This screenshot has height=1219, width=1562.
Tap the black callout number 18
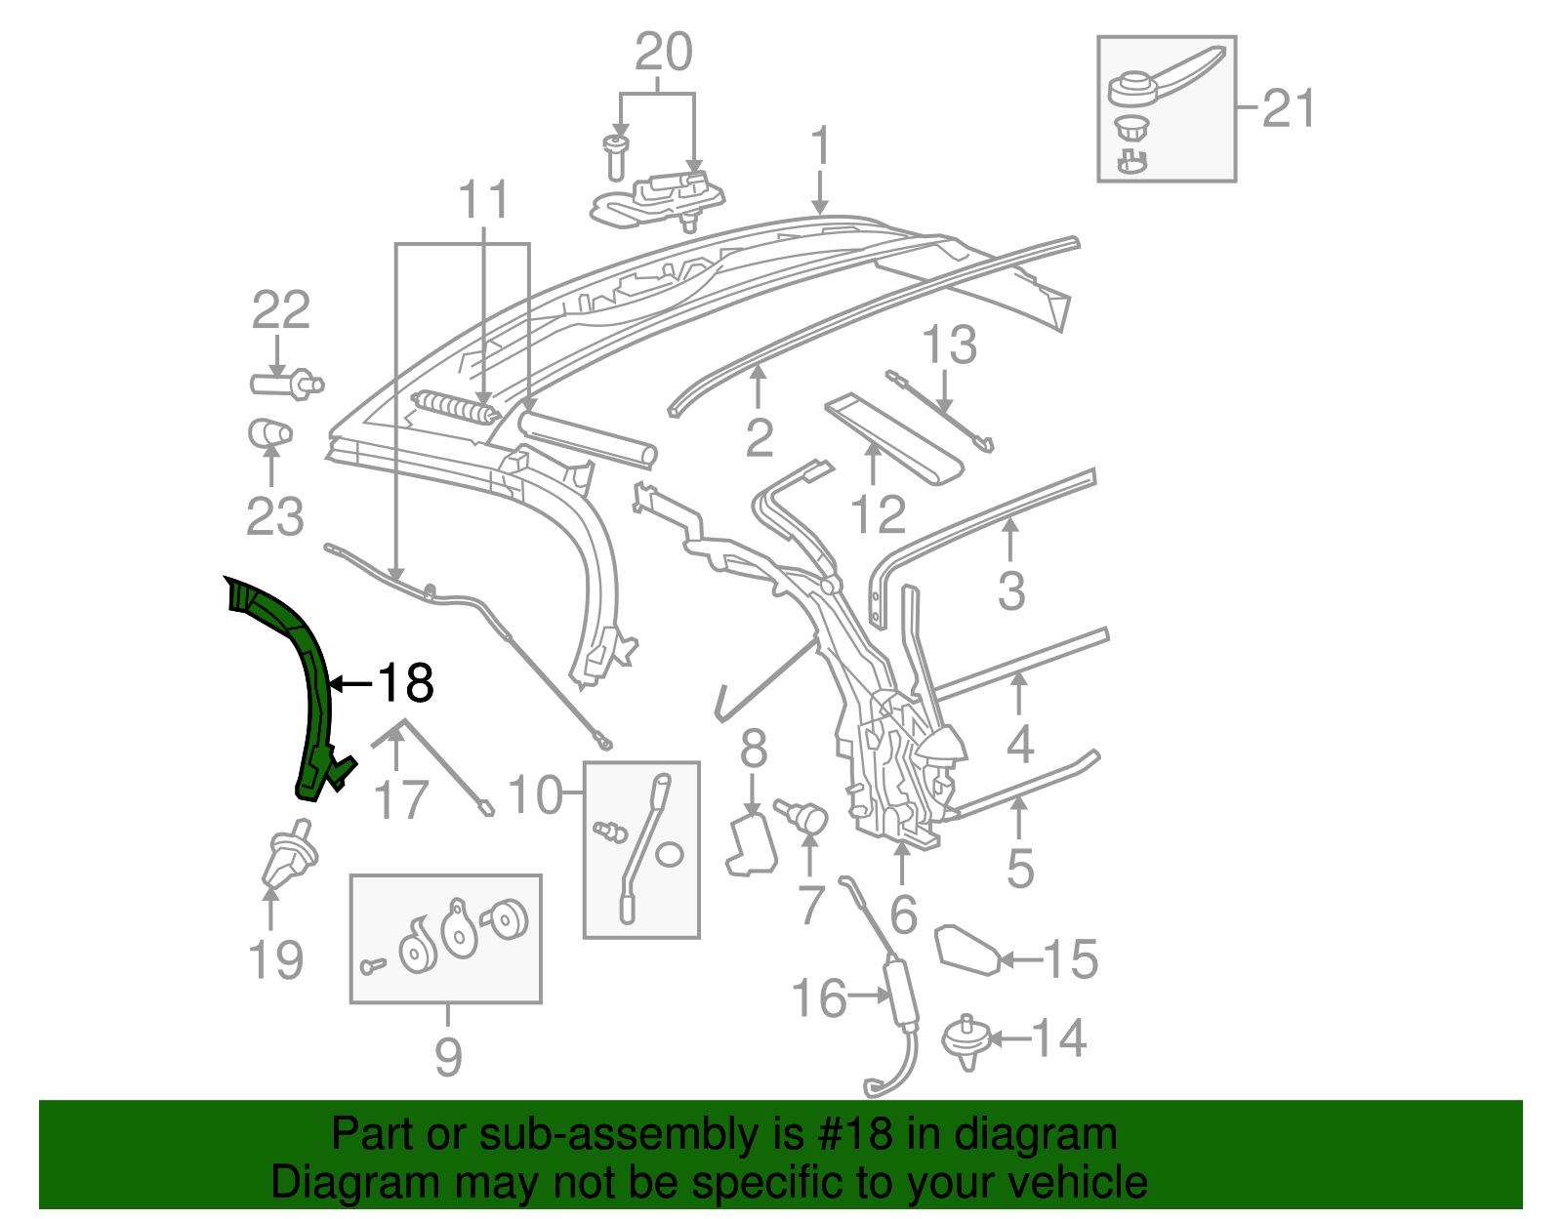click(405, 682)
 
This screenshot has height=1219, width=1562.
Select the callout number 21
click(1289, 108)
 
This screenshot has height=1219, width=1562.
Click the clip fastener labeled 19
click(289, 855)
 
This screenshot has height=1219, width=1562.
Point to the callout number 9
click(447, 1056)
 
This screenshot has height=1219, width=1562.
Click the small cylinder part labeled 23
click(269, 432)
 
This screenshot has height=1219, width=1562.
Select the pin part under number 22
click(286, 383)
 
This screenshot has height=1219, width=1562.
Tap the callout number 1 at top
click(820, 145)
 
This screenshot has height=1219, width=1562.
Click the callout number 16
click(818, 998)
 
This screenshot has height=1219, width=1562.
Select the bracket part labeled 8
click(752, 845)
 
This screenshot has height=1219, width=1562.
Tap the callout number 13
click(949, 345)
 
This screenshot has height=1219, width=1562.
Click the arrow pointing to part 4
click(1019, 693)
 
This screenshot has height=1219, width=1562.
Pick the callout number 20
click(664, 53)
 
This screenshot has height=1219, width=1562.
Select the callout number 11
click(483, 200)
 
